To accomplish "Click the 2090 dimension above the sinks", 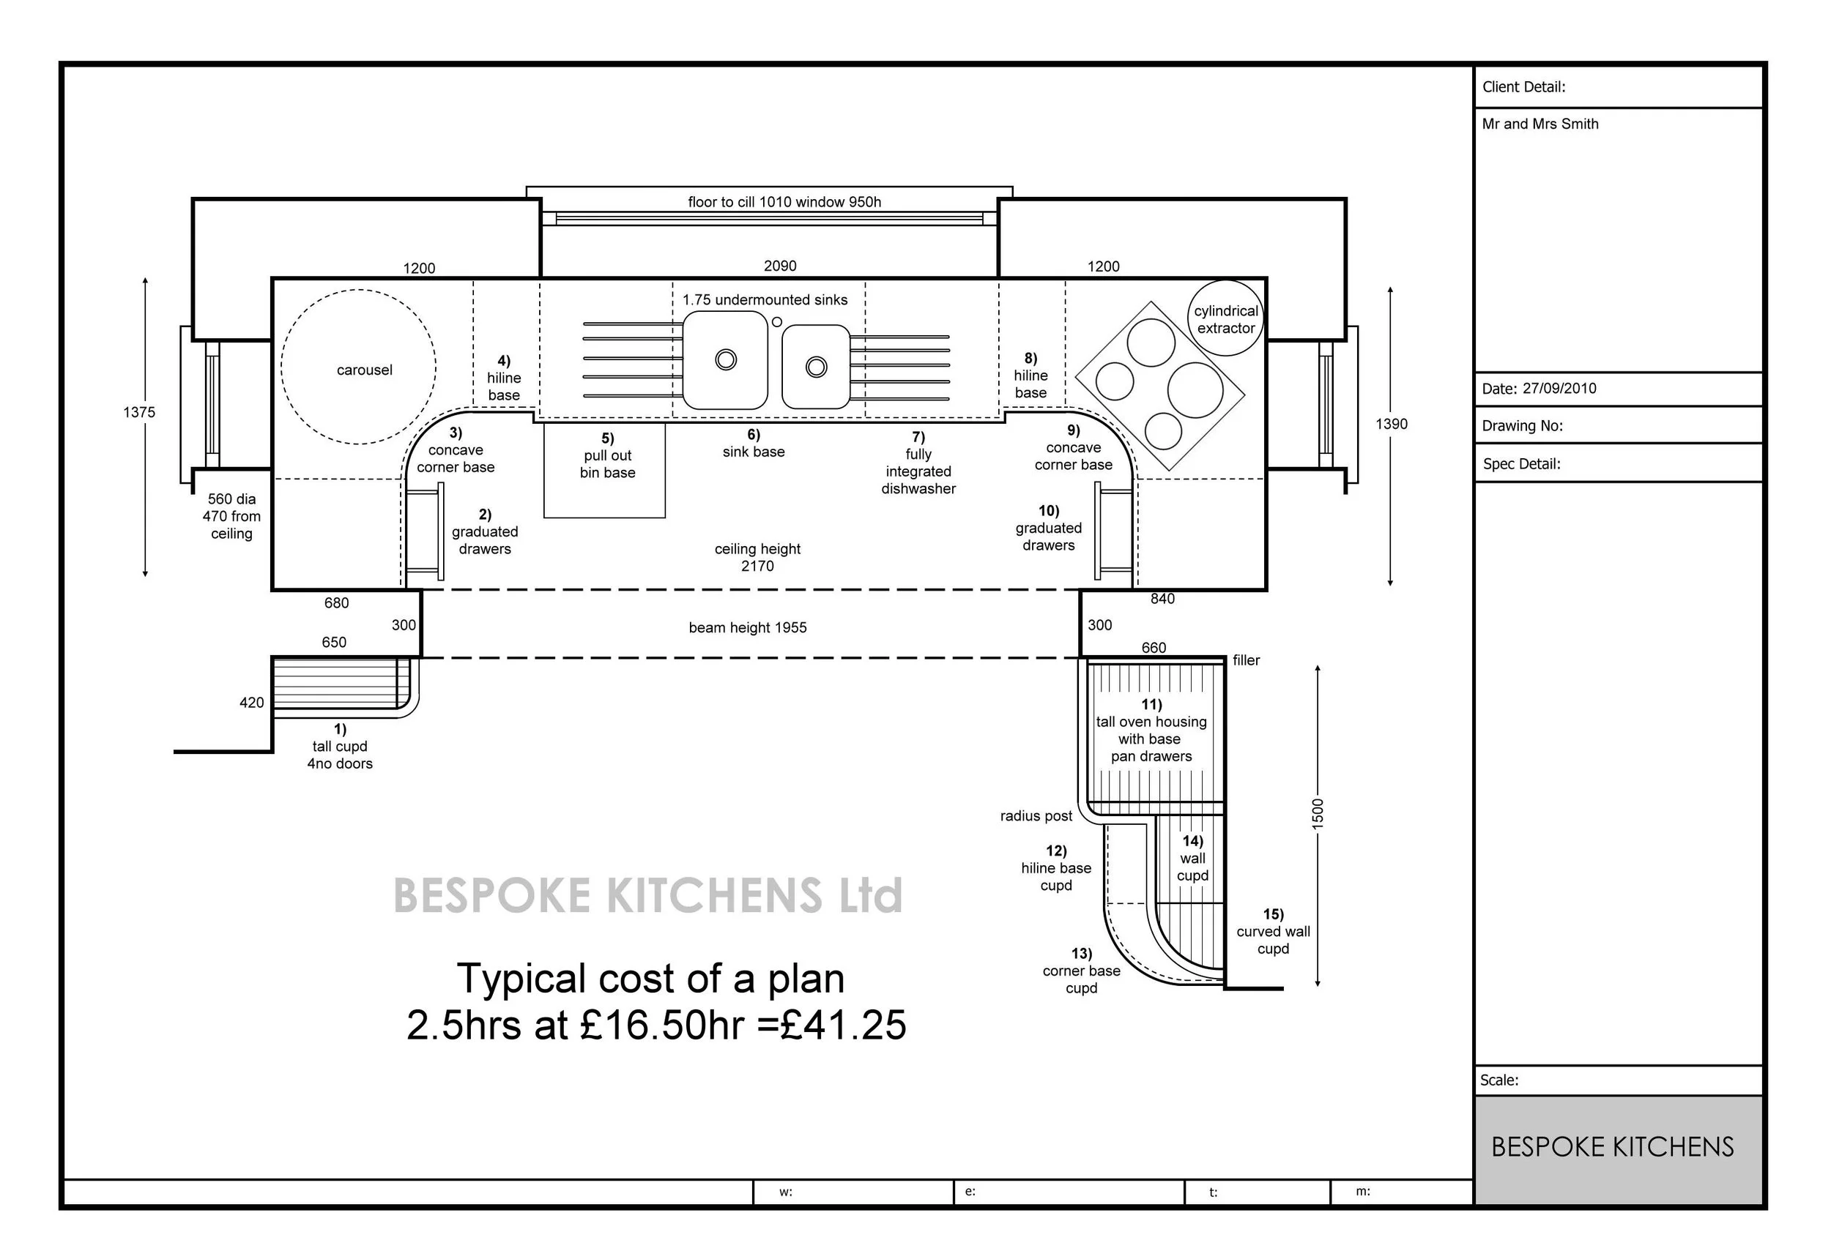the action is click(x=780, y=266).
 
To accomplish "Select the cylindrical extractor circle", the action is click(x=1225, y=281).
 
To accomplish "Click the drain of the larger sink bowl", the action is click(x=726, y=359).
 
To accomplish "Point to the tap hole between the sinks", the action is click(x=776, y=322).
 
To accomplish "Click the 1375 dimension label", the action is click(x=139, y=413).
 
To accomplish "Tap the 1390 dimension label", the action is click(x=1392, y=425).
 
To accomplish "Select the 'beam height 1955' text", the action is click(x=747, y=628).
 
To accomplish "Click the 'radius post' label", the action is click(x=1036, y=816).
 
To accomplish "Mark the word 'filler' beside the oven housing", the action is click(x=1247, y=660).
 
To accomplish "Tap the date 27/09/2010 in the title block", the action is click(x=1559, y=389).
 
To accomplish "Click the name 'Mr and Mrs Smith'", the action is click(x=1540, y=124).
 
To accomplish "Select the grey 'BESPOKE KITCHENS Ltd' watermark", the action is click(x=648, y=895).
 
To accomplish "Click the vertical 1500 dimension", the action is click(x=1317, y=813).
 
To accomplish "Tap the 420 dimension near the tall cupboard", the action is click(x=252, y=703).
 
